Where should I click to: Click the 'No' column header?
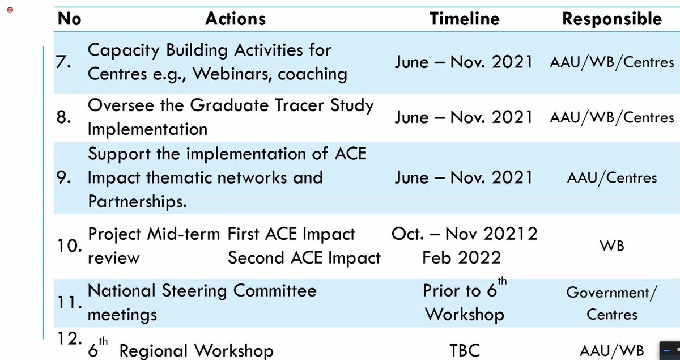70,19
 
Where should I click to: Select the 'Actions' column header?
236,19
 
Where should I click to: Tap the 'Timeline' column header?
465,19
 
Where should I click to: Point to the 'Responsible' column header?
611,19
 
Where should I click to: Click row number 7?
63,62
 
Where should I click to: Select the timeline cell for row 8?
464,117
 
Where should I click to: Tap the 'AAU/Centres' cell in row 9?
612,178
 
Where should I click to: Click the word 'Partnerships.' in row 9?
138,202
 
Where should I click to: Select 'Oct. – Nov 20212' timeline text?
464,234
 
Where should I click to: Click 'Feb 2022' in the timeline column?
461,258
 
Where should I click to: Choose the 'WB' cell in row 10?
612,246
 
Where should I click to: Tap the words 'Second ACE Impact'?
304,258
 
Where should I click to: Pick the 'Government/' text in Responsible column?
612,293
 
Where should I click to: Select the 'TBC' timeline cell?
464,351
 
